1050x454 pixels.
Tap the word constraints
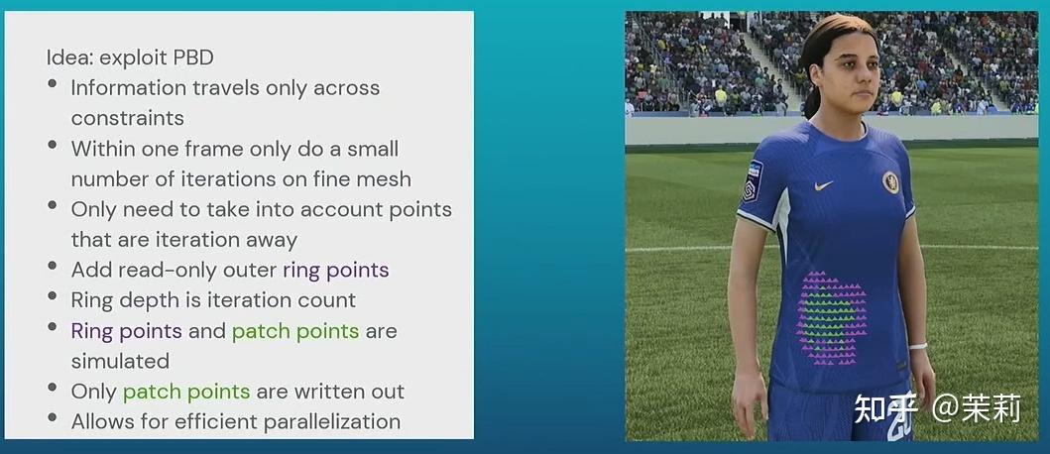(x=127, y=118)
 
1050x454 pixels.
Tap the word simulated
(x=120, y=361)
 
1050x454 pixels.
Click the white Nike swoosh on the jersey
(x=823, y=185)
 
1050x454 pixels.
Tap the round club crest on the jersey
(x=890, y=181)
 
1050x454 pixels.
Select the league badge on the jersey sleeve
(x=753, y=182)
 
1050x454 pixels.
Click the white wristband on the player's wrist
(x=916, y=347)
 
